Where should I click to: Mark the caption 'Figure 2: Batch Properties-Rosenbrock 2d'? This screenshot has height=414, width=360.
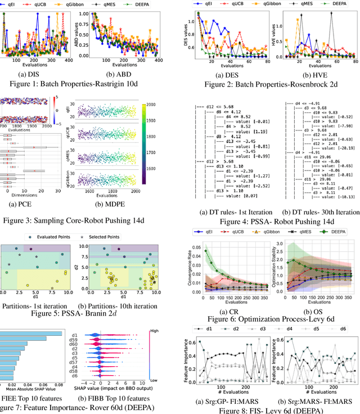coord(271,84)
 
